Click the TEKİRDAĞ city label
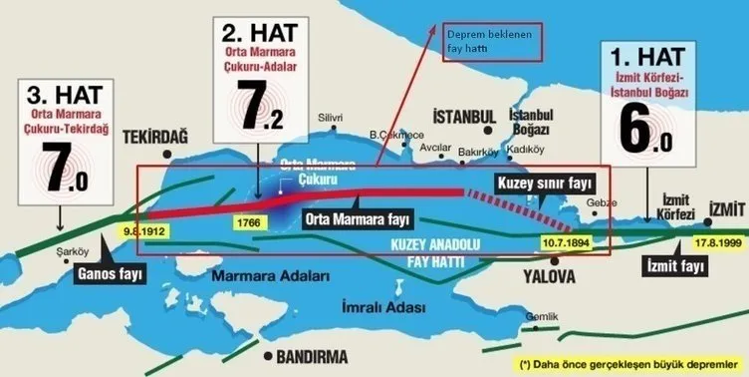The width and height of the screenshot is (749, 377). coord(154,137)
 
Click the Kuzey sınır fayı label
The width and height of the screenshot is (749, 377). coord(540,183)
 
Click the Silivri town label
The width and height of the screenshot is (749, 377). coord(329,117)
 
